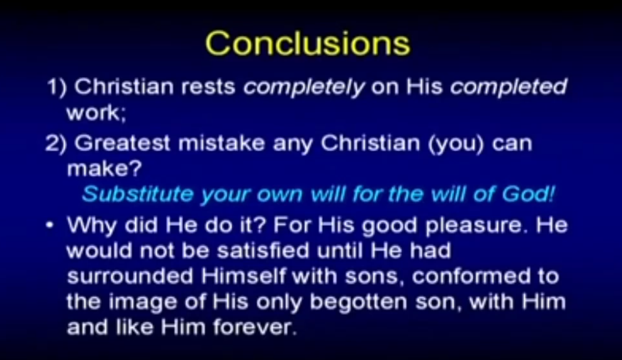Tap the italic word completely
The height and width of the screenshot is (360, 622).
tap(303, 87)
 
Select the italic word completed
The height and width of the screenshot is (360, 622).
tap(509, 87)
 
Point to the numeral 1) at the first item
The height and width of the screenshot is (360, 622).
tap(56, 87)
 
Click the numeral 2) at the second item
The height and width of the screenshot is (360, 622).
tap(56, 143)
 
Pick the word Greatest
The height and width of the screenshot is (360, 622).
tap(122, 143)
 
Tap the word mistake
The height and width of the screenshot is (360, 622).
tap(221, 143)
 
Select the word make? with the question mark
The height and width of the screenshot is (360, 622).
tap(104, 169)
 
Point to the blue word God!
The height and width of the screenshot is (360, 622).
tap(528, 194)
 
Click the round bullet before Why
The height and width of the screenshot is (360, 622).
tap(50, 225)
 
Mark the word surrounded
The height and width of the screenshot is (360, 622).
tap(130, 276)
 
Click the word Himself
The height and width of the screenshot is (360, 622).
tap(243, 276)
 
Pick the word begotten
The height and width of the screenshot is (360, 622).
tap(358, 302)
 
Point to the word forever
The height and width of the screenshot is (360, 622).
tap(255, 327)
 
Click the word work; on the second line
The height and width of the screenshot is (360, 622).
tap(97, 113)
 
